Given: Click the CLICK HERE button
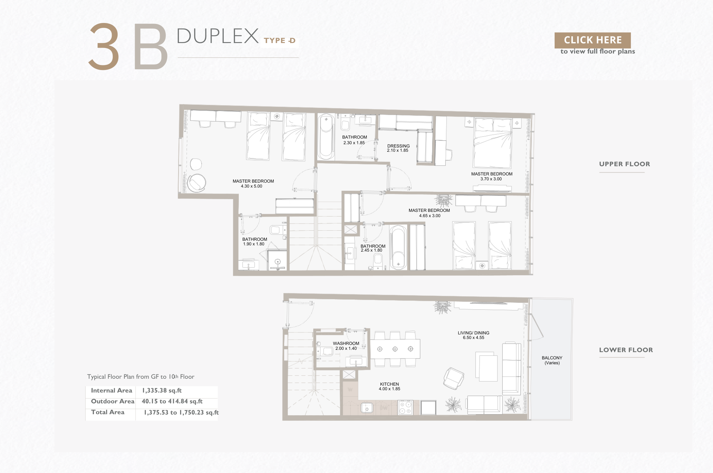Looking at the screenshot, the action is click(x=592, y=40).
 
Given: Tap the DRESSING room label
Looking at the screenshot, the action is click(x=398, y=146).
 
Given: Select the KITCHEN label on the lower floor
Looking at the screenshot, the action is click(x=389, y=384).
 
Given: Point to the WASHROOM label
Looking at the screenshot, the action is click(x=346, y=343).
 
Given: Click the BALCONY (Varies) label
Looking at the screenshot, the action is click(x=552, y=360).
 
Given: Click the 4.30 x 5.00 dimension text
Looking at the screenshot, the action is click(x=251, y=186).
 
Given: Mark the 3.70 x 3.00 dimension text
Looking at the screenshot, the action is click(x=491, y=179).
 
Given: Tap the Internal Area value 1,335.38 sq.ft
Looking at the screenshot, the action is click(x=162, y=391).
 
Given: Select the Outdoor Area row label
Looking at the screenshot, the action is click(x=113, y=401).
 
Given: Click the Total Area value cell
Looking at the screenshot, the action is click(x=181, y=413).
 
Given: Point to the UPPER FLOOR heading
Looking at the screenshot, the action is click(x=625, y=164).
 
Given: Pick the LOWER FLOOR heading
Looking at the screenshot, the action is click(x=626, y=350).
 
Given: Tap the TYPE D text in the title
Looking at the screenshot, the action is click(x=280, y=41).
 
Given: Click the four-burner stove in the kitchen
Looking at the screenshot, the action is click(x=405, y=407).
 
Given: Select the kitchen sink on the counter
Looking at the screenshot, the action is click(x=367, y=408).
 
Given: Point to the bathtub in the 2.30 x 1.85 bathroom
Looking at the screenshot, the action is click(x=326, y=137).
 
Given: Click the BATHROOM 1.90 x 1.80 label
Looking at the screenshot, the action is click(x=254, y=241).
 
